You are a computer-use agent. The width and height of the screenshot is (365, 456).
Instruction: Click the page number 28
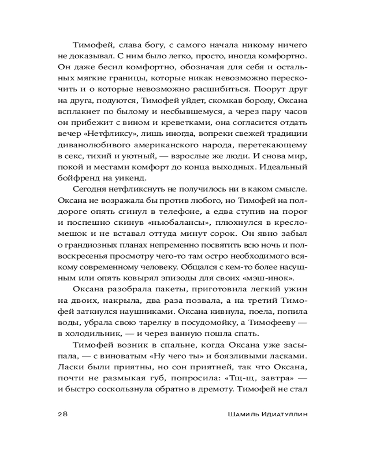click(x=63, y=414)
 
